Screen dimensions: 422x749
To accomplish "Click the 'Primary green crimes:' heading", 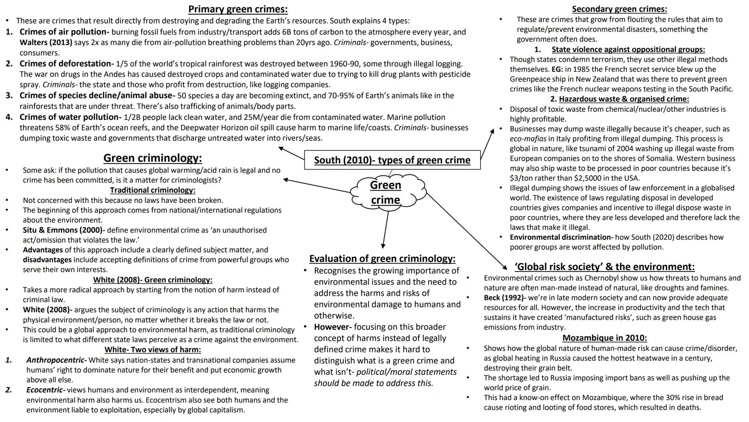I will click(x=238, y=9).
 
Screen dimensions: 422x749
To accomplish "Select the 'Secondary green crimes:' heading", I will click(x=619, y=9).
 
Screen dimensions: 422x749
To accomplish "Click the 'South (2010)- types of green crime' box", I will click(x=392, y=160).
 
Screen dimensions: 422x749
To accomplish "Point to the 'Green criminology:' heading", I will click(x=153, y=158).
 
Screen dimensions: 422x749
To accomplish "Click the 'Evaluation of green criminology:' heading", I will click(x=382, y=259).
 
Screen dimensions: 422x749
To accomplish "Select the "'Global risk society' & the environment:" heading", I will click(x=604, y=267).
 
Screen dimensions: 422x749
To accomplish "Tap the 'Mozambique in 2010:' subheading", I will click(x=604, y=338).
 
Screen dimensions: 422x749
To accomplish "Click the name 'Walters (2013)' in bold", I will click(x=46, y=43).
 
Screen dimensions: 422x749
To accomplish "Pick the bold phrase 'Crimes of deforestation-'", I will click(x=67, y=64).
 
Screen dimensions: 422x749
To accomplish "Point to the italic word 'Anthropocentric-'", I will click(x=57, y=360).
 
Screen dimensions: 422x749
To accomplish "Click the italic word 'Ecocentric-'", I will click(x=46, y=390).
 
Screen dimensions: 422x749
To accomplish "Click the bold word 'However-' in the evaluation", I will click(x=333, y=327).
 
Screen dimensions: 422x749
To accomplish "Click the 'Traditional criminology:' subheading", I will click(x=153, y=190).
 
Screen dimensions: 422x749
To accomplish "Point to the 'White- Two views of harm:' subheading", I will click(x=153, y=350).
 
